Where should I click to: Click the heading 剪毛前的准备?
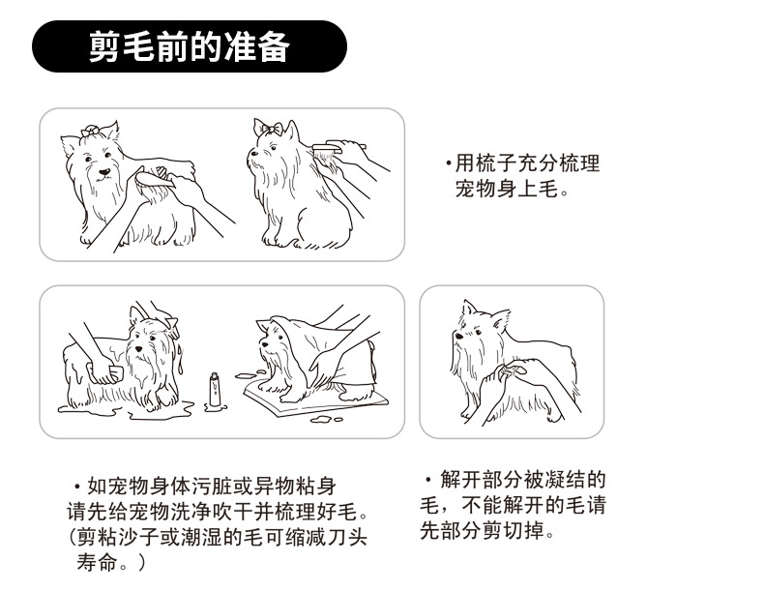[x=190, y=46]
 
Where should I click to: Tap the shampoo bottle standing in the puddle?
[x=215, y=390]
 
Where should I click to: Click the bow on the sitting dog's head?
[x=270, y=128]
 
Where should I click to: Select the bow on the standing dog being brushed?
[x=91, y=131]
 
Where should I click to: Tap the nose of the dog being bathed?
[x=139, y=349]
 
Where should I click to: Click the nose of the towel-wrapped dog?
[x=265, y=344]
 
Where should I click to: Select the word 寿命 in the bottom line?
[x=97, y=563]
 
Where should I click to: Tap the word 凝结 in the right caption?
[x=565, y=480]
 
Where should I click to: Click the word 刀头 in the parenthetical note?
[x=347, y=538]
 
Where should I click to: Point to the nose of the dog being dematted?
[x=458, y=336]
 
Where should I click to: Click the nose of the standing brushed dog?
[x=104, y=172]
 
